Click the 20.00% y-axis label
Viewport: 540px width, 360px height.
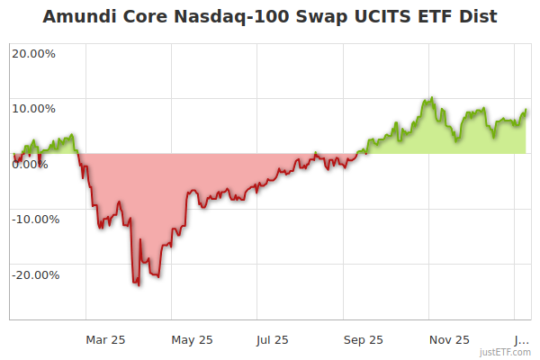33,53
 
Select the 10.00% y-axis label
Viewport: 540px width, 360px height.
33,109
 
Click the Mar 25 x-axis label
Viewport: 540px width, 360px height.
105,339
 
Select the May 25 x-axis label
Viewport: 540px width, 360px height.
192,339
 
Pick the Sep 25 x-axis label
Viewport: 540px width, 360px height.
363,339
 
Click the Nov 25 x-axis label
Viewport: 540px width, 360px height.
449,339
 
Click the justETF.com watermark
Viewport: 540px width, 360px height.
505,352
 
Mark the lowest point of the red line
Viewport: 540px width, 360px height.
139,285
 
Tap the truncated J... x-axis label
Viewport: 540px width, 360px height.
521,339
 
